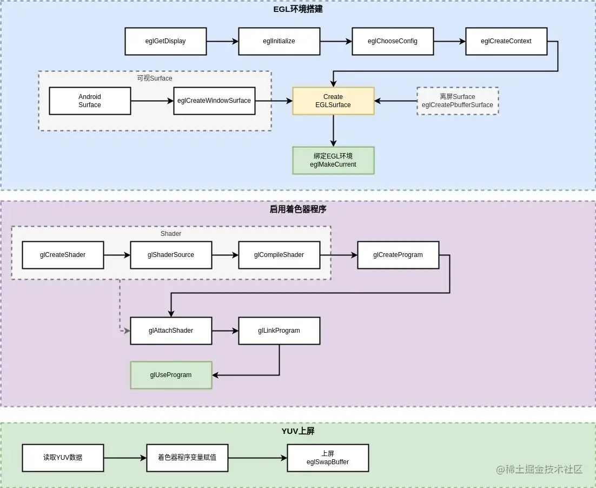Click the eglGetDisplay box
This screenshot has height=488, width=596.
click(x=165, y=41)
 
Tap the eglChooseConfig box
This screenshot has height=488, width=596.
click(x=393, y=41)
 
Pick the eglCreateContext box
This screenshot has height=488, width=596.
click(x=506, y=41)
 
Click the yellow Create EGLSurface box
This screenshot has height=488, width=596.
click(x=333, y=101)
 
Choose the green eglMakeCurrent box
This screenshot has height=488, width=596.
click(x=333, y=160)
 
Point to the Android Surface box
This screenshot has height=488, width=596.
click(x=90, y=101)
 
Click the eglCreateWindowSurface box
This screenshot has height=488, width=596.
click(x=214, y=101)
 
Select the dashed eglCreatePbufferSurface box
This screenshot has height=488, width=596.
click(x=458, y=101)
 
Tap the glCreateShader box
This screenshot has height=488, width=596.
click(x=63, y=255)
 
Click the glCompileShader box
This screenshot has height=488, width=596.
click(x=279, y=255)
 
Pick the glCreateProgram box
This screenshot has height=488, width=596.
click(x=398, y=255)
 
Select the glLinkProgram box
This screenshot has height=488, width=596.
click(x=279, y=331)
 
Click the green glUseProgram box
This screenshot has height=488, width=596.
click(x=171, y=375)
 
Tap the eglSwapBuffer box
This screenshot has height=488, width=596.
click(x=328, y=458)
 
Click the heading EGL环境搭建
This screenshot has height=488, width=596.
click(x=298, y=9)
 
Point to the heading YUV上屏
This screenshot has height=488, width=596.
click(x=298, y=431)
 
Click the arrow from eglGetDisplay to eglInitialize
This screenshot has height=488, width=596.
click(x=222, y=41)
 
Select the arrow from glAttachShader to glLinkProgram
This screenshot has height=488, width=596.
click(x=225, y=331)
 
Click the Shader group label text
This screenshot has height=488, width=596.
click(x=171, y=234)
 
